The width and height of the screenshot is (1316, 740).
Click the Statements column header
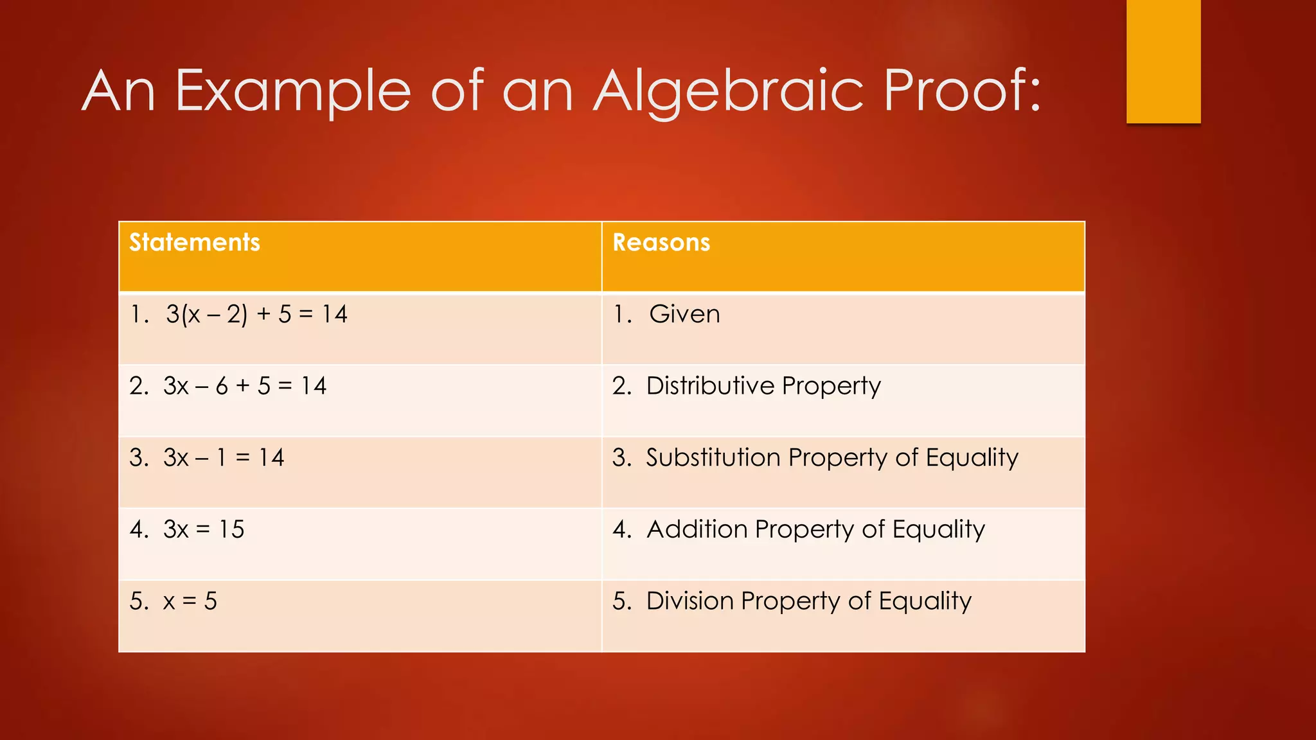(195, 243)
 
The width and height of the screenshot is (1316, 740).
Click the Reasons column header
(661, 243)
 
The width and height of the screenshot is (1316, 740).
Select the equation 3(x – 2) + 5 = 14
(256, 314)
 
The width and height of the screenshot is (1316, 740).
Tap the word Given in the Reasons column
(684, 314)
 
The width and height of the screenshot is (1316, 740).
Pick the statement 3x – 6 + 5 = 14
(245, 386)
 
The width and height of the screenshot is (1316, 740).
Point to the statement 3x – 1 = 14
(224, 457)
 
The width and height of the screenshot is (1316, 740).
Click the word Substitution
(713, 457)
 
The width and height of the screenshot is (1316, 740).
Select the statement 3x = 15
(204, 529)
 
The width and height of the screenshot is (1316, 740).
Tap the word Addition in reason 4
(697, 529)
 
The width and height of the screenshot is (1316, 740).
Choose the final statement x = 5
(190, 601)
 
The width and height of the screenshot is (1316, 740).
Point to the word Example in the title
(292, 91)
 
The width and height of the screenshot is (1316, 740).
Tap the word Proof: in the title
(962, 91)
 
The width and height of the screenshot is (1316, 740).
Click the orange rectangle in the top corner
(1163, 61)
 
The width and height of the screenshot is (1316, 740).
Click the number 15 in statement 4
(231, 529)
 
